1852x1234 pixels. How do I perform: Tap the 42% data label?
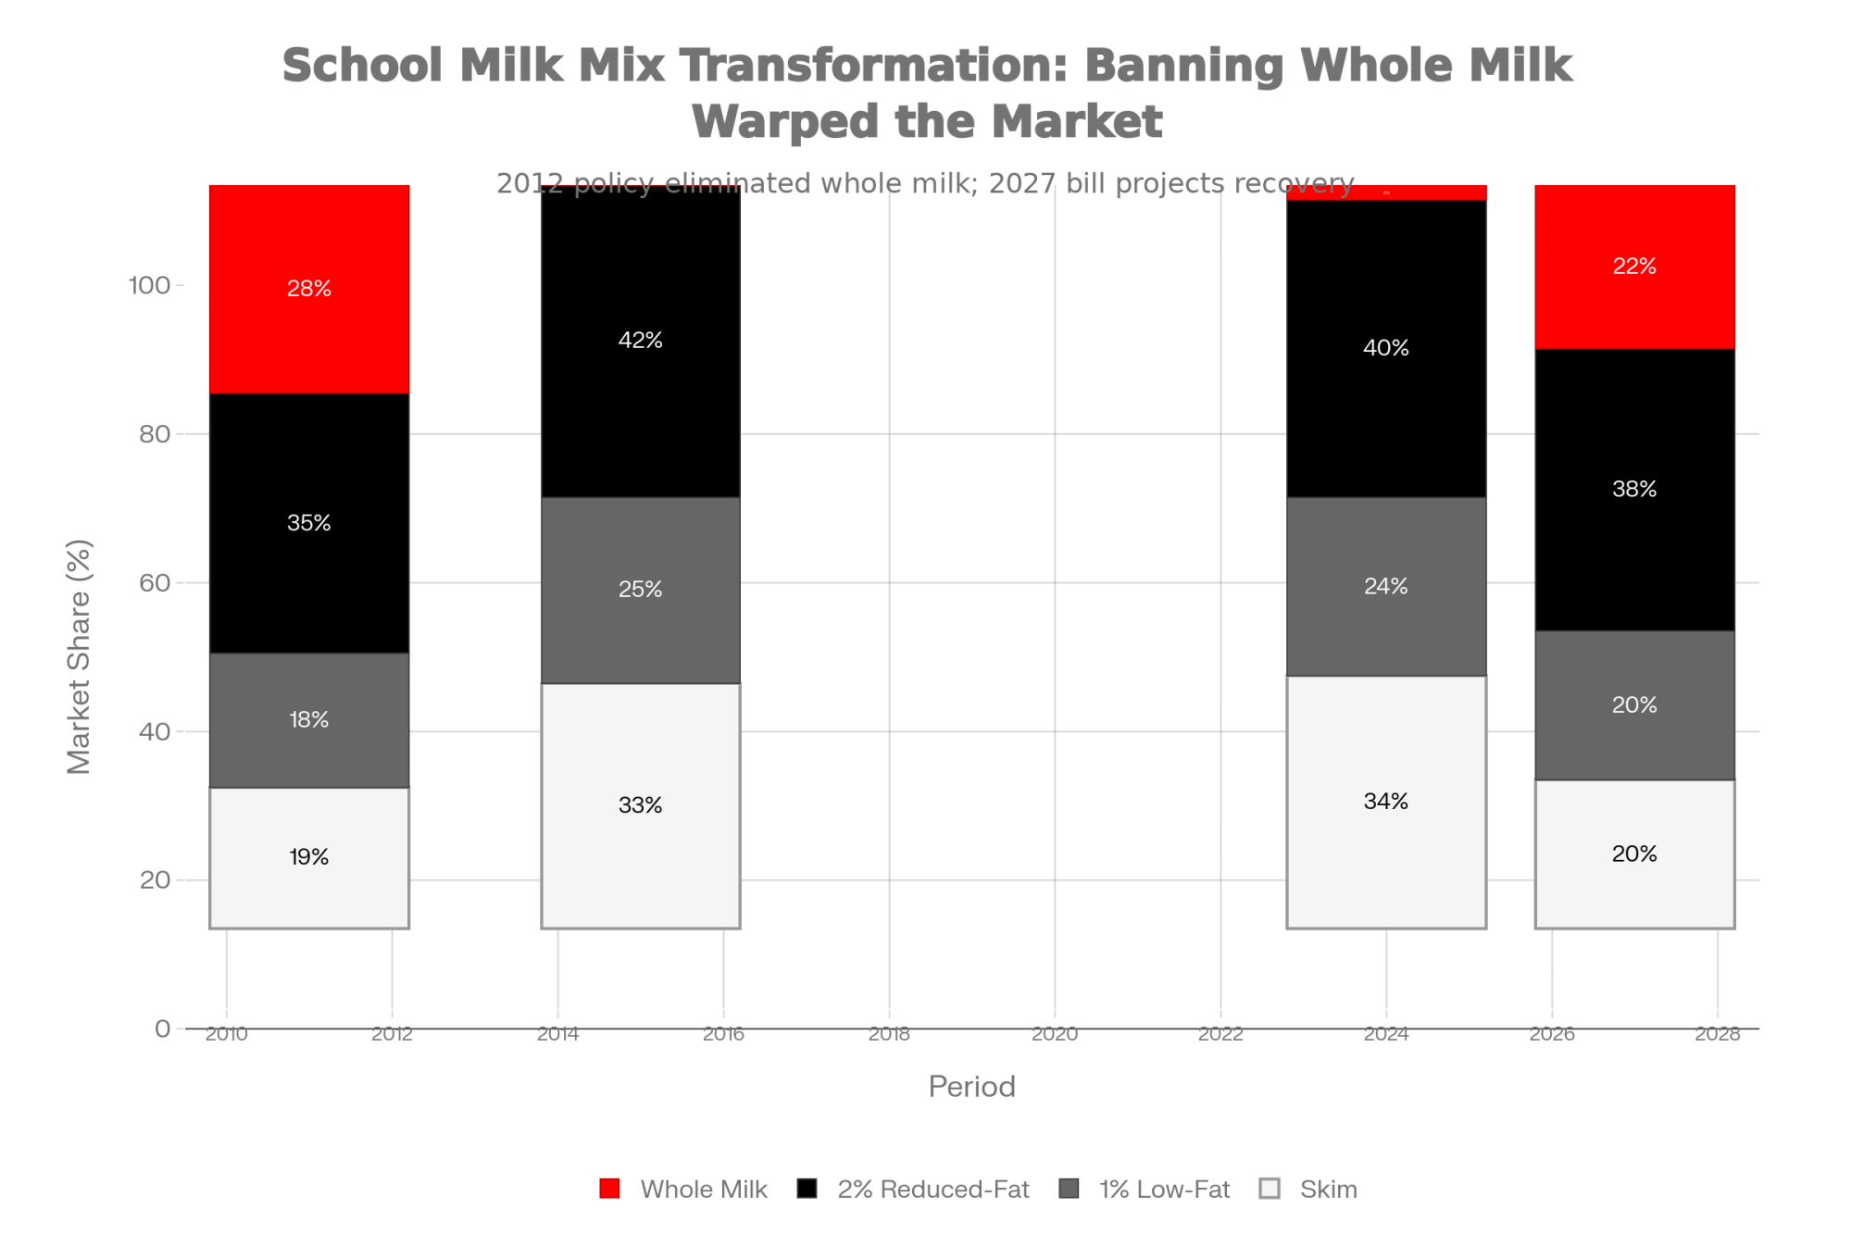click(640, 341)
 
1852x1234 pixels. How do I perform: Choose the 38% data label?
click(1634, 489)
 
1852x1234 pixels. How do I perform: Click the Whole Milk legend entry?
click(684, 1189)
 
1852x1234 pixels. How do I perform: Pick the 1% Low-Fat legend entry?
click(1145, 1189)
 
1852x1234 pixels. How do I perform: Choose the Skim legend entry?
click(1309, 1189)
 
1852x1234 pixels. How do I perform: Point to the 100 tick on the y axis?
click(149, 285)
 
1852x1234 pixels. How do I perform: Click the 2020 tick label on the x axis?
click(1055, 1033)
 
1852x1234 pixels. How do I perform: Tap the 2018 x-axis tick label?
click(889, 1033)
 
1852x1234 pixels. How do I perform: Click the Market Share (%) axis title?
click(79, 655)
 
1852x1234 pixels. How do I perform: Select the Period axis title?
click(971, 1086)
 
